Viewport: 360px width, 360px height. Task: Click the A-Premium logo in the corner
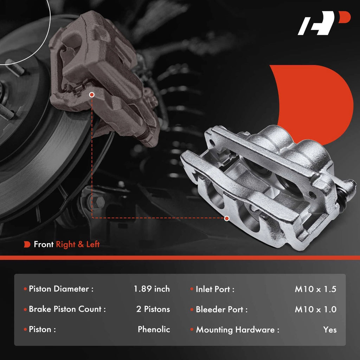click(x=324, y=23)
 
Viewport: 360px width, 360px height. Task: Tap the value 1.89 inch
click(x=152, y=289)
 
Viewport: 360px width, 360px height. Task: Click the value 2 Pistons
click(x=153, y=309)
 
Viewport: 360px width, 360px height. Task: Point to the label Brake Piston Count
click(x=67, y=309)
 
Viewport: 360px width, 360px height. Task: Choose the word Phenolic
click(x=154, y=329)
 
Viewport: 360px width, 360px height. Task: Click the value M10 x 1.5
click(x=315, y=289)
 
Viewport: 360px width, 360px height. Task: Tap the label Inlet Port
click(x=215, y=289)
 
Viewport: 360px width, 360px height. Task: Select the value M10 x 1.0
click(x=315, y=309)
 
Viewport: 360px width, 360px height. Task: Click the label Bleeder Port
click(x=221, y=309)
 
